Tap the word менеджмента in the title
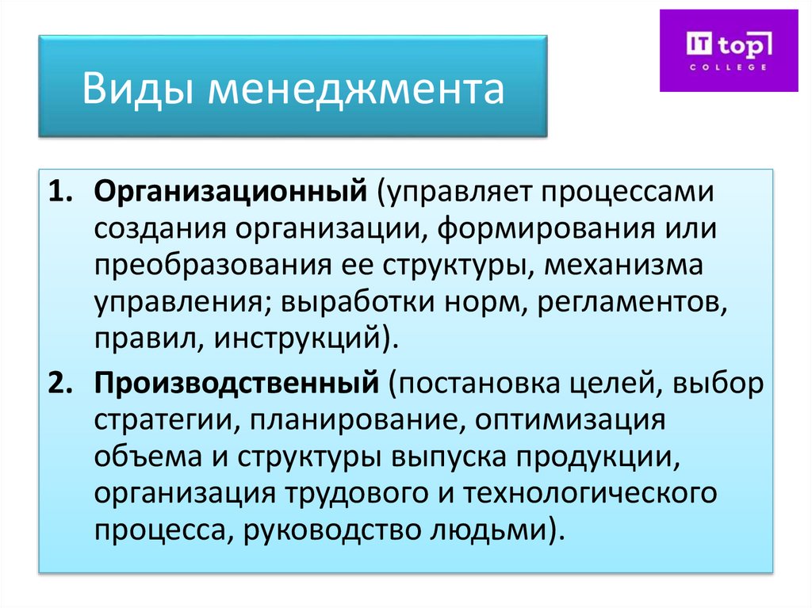pos(356,89)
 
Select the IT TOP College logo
pos(729,50)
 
